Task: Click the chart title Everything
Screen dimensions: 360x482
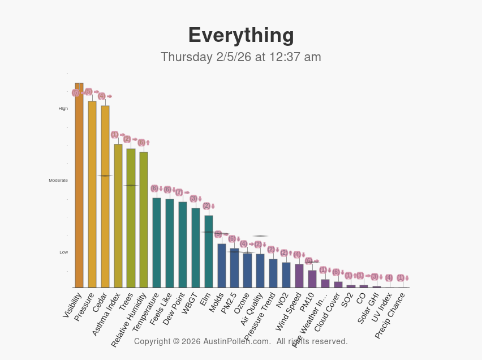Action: pos(241,35)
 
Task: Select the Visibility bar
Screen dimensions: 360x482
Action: pos(79,187)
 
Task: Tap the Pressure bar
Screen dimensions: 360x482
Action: pos(92,195)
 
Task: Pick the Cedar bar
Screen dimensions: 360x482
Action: pos(105,198)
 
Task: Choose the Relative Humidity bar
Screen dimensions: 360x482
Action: pos(144,221)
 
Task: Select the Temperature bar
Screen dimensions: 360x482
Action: pos(157,243)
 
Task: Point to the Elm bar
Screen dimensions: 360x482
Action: pos(209,252)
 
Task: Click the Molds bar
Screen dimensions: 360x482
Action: pos(222,266)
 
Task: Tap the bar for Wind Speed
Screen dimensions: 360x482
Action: pos(299,276)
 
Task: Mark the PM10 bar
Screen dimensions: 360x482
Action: pos(312,279)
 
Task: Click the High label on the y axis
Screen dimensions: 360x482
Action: pos(63,109)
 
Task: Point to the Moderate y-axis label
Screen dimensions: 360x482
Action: pos(58,181)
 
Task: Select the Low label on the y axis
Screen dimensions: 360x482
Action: pos(64,252)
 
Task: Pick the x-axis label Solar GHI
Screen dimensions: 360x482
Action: pos(368,308)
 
